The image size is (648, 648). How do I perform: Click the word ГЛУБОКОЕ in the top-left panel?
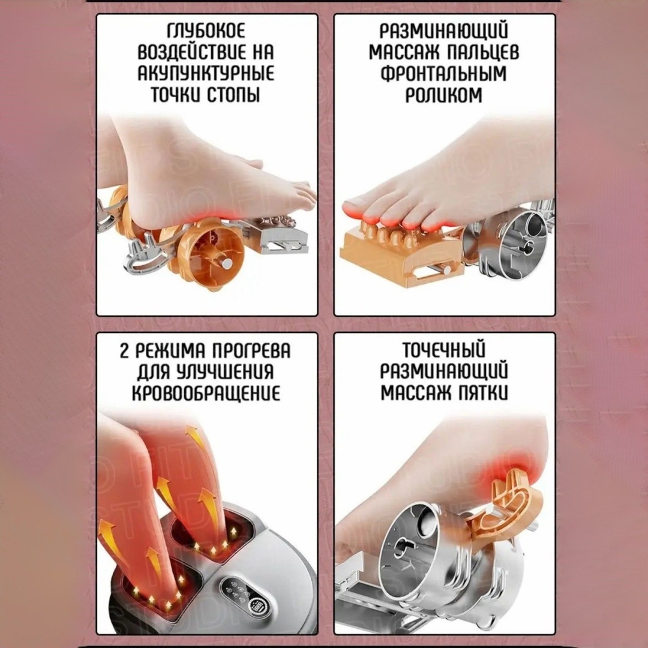tap(206, 32)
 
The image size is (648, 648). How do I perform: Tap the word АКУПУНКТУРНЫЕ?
tap(206, 73)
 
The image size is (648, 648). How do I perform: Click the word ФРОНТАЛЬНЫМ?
tap(444, 73)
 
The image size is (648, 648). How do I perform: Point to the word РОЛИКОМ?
tap(444, 94)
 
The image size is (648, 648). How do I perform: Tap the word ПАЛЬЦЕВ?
tap(482, 52)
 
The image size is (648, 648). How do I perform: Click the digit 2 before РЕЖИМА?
tap(125, 351)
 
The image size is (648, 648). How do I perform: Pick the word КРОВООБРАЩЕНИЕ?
tap(206, 393)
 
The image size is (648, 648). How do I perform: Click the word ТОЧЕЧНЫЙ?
tap(444, 351)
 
